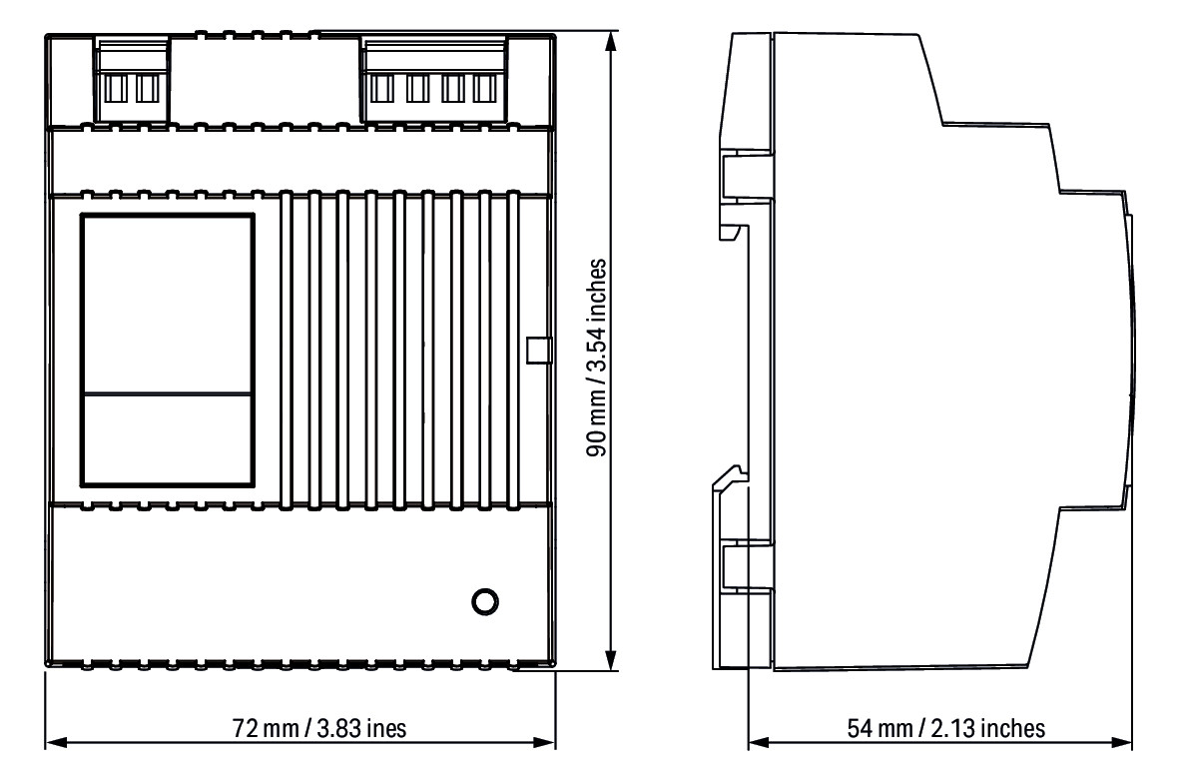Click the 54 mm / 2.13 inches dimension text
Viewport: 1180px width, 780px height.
point(942,728)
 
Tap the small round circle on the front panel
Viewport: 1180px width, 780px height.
point(484,602)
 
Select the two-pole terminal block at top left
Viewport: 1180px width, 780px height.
point(132,80)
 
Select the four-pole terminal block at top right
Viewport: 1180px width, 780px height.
point(431,80)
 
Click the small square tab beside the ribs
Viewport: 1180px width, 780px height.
point(538,350)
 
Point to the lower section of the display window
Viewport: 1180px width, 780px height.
point(167,439)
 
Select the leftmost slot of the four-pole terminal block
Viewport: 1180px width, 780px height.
point(380,90)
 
